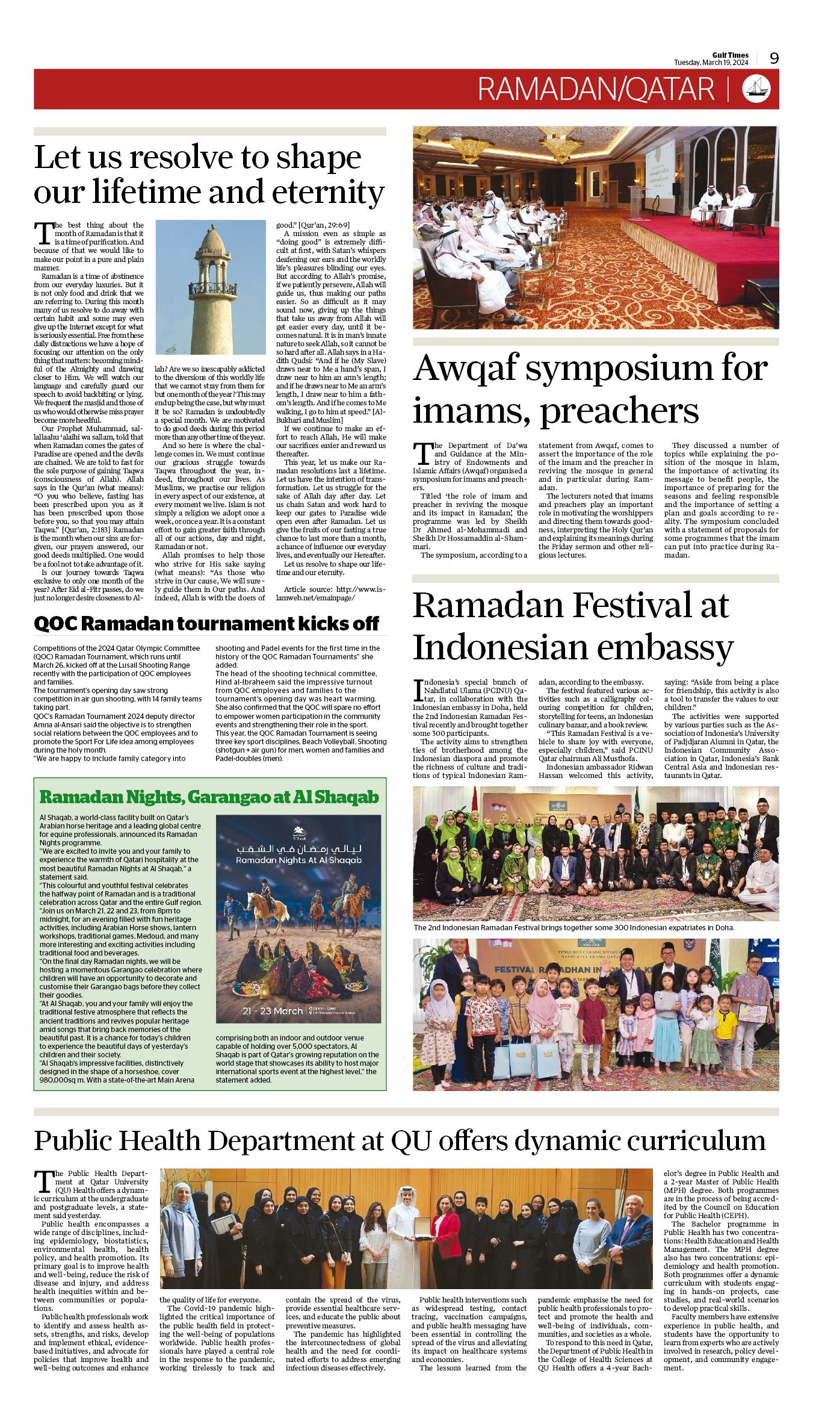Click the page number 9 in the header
point(774,58)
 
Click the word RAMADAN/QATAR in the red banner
point(596,89)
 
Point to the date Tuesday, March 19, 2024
point(711,63)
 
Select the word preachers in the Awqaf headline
point(619,411)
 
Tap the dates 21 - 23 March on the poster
point(273,1011)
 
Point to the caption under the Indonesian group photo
point(573,927)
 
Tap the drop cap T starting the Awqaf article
point(423,451)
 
